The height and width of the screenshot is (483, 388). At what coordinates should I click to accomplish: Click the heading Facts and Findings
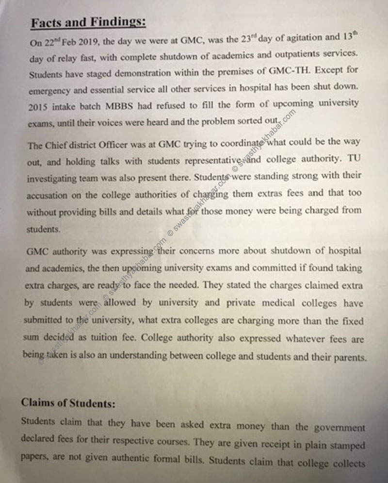click(x=88, y=22)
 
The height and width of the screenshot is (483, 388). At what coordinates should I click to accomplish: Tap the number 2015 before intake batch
click(x=39, y=107)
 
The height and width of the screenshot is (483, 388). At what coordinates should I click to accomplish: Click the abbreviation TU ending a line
click(x=354, y=158)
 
